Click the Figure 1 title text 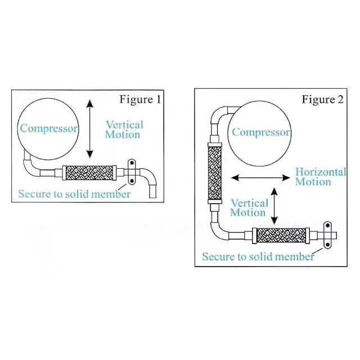140,100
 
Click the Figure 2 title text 322,100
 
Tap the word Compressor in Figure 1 48,128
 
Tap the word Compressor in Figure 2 261,133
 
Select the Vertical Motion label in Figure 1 124,129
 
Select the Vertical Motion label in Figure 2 248,208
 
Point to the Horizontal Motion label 321,177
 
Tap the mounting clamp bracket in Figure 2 327,235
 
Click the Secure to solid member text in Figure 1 74,194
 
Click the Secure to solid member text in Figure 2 258,256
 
